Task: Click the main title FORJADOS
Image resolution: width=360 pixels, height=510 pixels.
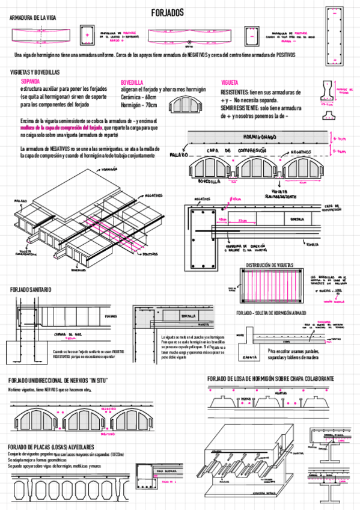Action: click(167, 13)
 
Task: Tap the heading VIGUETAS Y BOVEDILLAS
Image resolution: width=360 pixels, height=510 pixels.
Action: click(35, 72)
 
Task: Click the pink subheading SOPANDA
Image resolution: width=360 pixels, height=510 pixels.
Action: click(31, 80)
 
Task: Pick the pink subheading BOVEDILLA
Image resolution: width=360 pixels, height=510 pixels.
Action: click(132, 81)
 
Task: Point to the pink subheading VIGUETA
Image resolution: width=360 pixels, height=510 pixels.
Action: click(230, 81)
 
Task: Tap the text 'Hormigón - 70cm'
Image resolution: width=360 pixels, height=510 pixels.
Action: click(139, 105)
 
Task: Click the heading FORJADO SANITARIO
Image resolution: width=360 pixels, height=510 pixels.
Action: click(31, 290)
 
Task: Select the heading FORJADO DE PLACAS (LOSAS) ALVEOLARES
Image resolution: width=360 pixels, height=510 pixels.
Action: click(50, 447)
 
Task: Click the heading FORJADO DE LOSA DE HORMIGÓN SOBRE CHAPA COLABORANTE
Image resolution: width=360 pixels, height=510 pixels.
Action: click(270, 379)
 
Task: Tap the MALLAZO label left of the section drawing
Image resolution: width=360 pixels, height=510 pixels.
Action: click(179, 155)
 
